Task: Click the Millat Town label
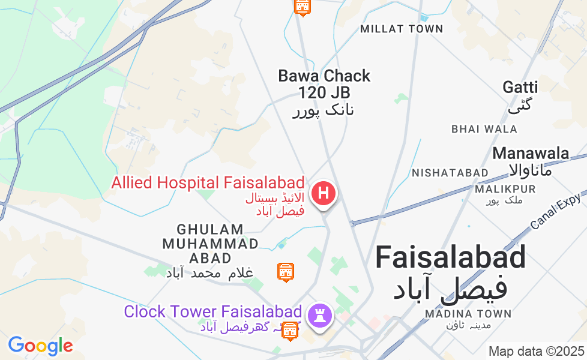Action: click(x=402, y=29)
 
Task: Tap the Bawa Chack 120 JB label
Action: click(x=324, y=84)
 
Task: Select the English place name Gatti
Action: click(x=520, y=87)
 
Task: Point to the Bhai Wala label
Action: click(x=484, y=129)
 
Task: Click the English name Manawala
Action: click(x=531, y=153)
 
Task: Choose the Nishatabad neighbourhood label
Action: click(x=450, y=173)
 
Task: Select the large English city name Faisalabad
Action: click(x=451, y=258)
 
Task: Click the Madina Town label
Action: click(x=468, y=314)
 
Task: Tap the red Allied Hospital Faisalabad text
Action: click(x=208, y=183)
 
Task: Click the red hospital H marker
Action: click(x=324, y=194)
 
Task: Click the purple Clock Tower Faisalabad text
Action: click(x=212, y=312)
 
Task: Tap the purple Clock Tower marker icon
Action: click(x=319, y=314)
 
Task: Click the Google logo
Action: click(x=40, y=346)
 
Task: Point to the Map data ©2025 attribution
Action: click(x=536, y=351)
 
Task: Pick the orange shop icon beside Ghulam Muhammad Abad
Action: click(x=286, y=271)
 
